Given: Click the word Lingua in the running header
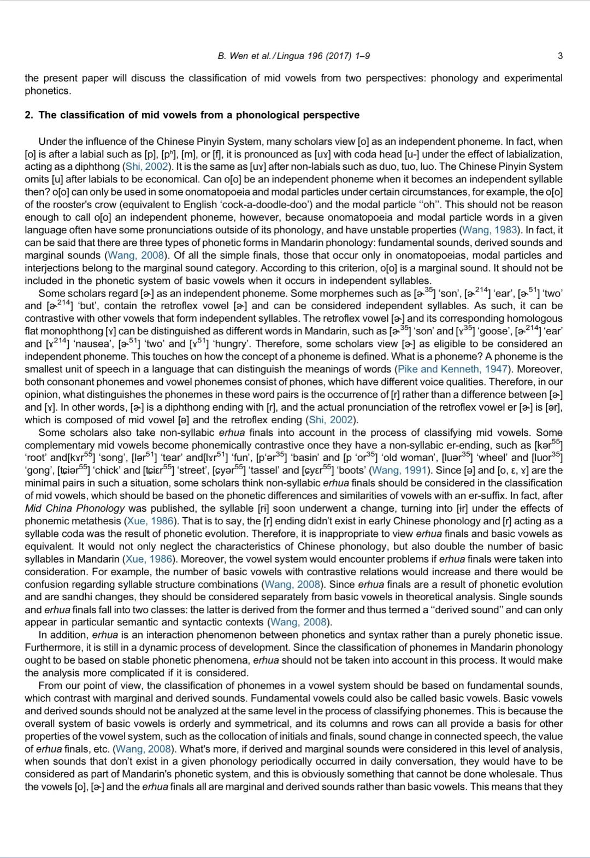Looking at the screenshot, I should pyautogui.click(x=293, y=56).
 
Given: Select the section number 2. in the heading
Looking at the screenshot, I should pyautogui.click(x=29, y=115).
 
